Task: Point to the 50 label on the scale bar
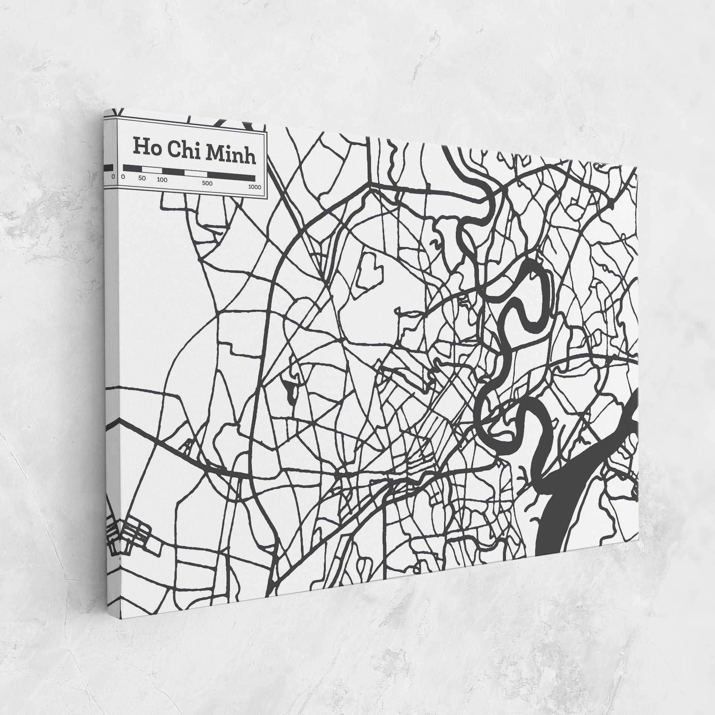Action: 142,178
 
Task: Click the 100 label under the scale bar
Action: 162,180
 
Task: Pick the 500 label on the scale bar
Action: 207,183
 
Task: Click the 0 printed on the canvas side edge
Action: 113,176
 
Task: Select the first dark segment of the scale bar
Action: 132,168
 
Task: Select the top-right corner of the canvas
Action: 639,167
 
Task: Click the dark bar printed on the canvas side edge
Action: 108,167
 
